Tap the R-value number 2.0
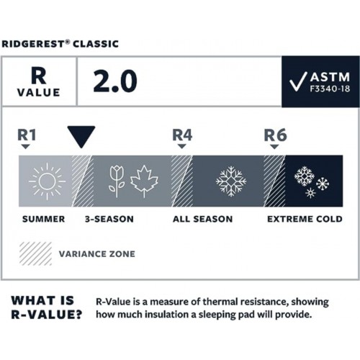[114, 81]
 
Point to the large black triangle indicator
[81, 135]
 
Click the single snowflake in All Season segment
[231, 181]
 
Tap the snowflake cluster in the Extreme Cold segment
[311, 181]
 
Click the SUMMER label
[43, 218]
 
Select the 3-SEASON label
[109, 218]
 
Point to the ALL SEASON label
[202, 218]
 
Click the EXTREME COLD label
[302, 218]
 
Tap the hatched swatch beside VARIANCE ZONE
[35, 253]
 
